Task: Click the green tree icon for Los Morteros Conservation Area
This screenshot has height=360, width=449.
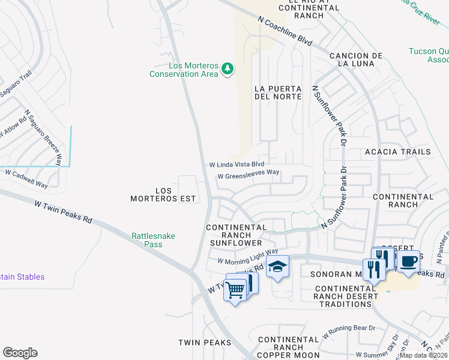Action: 227,69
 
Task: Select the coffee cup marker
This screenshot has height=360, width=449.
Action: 408,262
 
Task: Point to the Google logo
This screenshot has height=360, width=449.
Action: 20,353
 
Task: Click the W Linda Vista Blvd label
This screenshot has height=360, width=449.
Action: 237,164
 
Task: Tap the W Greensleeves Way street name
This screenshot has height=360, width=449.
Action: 249,176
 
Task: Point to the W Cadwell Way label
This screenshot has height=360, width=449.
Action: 26,178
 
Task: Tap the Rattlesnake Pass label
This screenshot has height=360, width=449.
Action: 154,240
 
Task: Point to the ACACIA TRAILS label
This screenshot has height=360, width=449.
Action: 398,152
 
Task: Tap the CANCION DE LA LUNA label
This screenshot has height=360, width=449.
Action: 356,59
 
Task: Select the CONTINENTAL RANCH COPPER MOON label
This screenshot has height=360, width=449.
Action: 289,347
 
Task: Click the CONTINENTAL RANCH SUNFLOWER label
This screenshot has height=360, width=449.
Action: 236,235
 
